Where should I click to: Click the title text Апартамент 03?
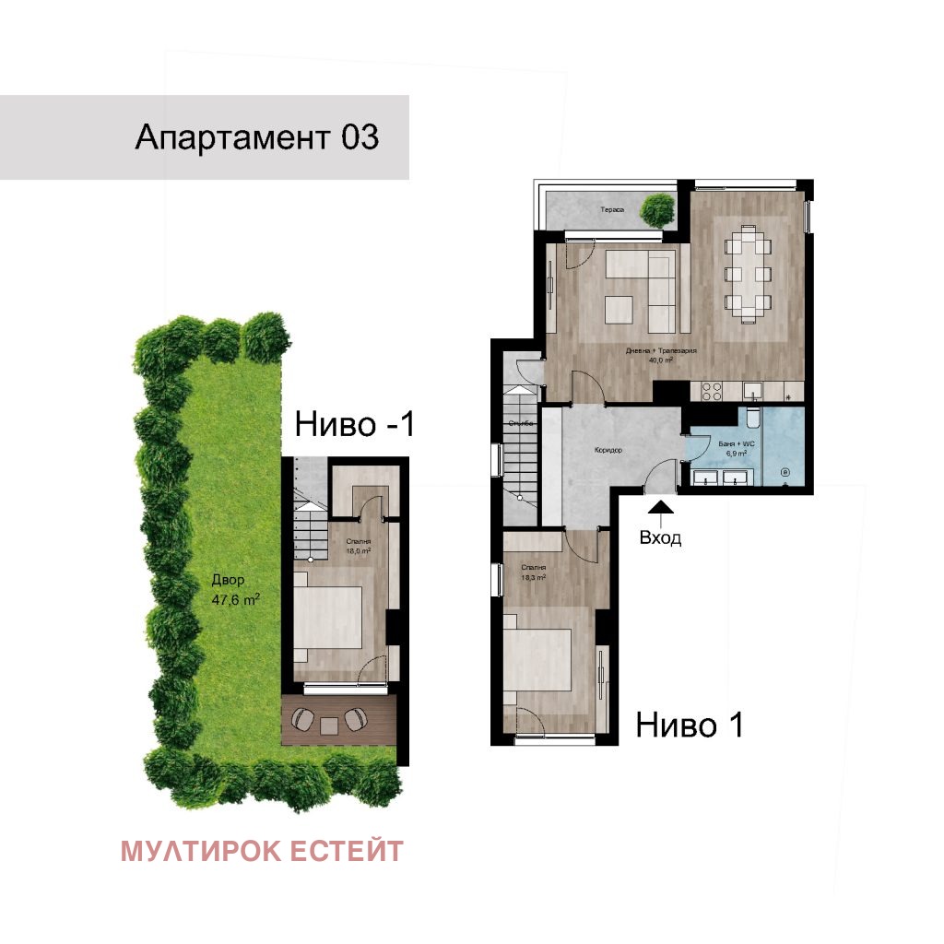pos(256,137)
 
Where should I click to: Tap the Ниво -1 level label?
pos(355,425)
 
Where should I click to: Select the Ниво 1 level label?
pos(690,726)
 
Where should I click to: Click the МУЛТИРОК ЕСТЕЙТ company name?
pos(261,851)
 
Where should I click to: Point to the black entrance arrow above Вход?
pos(662,505)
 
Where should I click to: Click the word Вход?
pos(661,538)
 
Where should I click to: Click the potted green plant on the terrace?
pos(657,210)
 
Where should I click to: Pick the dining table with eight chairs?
pos(749,274)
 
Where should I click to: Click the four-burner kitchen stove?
pos(713,392)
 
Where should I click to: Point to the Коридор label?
pos(608,451)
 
